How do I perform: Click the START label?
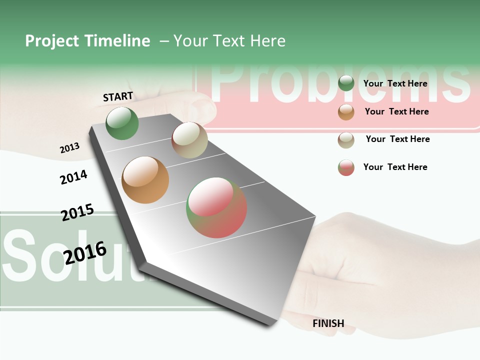click(x=118, y=96)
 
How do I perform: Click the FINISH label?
click(x=328, y=323)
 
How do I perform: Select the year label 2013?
click(x=70, y=148)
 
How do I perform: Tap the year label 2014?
click(x=74, y=177)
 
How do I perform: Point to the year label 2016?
click(x=85, y=252)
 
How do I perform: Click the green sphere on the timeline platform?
click(x=122, y=123)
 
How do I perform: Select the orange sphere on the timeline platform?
click(x=145, y=180)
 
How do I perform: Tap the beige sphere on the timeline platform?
click(x=189, y=140)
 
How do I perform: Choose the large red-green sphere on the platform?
click(x=216, y=207)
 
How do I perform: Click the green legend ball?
click(x=346, y=83)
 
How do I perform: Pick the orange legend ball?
click(x=346, y=111)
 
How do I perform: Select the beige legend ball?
click(x=346, y=139)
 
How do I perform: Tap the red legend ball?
click(x=346, y=167)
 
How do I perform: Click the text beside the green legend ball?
click(x=395, y=83)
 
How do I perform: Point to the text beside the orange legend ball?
click(x=397, y=111)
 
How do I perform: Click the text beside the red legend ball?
click(x=395, y=167)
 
